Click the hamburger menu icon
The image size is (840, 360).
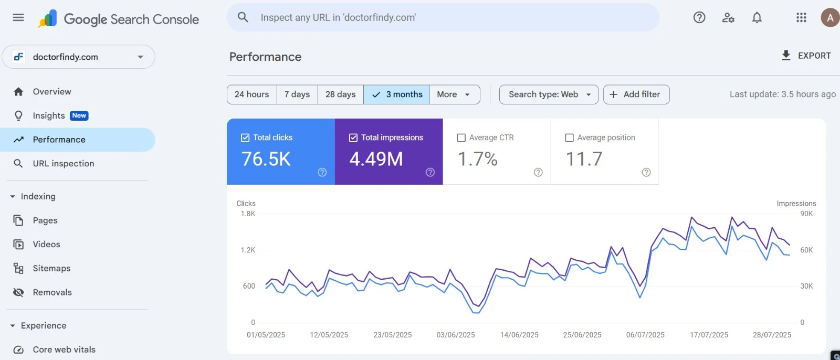[18, 18]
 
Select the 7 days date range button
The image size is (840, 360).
[297, 94]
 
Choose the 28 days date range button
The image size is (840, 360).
[340, 94]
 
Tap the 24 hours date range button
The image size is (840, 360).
[252, 94]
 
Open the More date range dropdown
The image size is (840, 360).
[454, 94]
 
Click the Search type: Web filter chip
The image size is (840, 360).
[548, 94]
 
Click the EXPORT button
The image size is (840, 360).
[806, 56]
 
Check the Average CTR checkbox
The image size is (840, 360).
[461, 138]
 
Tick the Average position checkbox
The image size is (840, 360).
[569, 138]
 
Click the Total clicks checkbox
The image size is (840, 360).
[245, 138]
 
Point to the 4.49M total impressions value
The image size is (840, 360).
[376, 159]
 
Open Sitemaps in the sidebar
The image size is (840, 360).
[51, 268]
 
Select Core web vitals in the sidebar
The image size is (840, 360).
[64, 350]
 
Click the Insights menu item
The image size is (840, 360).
[49, 115]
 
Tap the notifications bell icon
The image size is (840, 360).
[757, 18]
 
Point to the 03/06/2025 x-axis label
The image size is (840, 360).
[456, 335]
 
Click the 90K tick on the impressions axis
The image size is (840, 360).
[806, 214]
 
